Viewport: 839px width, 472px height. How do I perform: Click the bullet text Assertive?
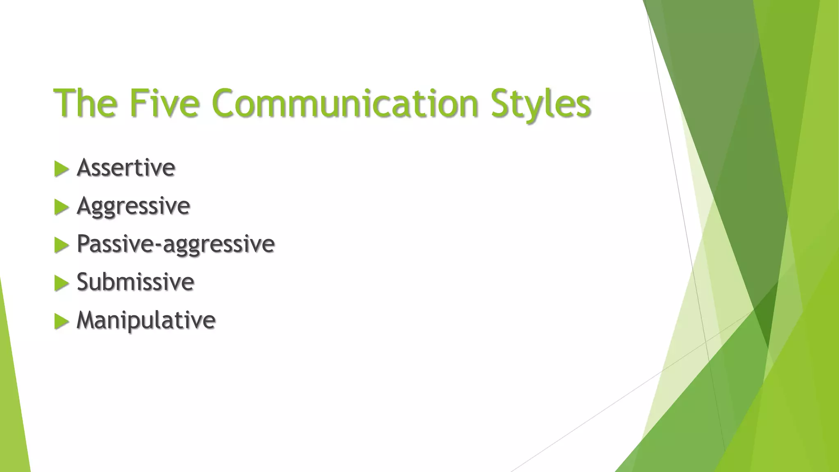tap(126, 168)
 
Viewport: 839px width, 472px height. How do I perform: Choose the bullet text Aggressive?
tap(133, 206)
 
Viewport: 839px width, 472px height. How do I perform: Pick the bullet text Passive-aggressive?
tap(175, 244)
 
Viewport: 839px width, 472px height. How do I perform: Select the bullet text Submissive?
tap(135, 282)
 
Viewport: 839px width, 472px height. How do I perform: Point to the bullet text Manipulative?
tap(146, 320)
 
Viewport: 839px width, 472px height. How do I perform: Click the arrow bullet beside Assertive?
tap(61, 169)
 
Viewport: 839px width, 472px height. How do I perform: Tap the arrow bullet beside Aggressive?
tap(61, 207)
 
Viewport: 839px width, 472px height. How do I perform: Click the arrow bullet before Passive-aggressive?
tap(61, 245)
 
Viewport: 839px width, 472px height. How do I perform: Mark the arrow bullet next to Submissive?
tap(61, 283)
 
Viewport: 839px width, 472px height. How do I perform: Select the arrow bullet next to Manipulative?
tap(61, 321)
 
